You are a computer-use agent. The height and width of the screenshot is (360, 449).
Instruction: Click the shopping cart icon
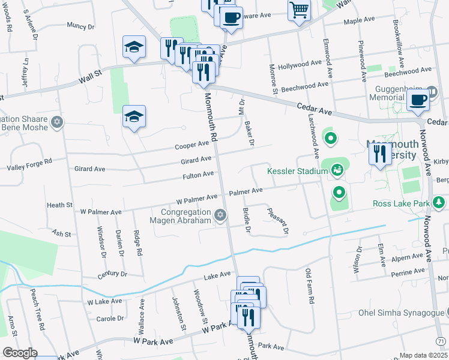(298, 10)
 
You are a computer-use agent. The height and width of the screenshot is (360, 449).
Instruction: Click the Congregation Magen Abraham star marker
(220, 215)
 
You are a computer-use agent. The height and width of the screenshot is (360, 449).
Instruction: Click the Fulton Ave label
(199, 175)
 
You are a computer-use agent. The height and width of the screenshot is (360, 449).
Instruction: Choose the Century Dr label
(112, 274)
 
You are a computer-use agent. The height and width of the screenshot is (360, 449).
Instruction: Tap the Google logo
(20, 352)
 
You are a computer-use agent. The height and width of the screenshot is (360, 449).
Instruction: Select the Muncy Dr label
(81, 26)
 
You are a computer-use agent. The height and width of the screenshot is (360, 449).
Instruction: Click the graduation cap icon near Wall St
(134, 47)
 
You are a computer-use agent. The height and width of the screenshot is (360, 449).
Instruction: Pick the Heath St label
(59, 205)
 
